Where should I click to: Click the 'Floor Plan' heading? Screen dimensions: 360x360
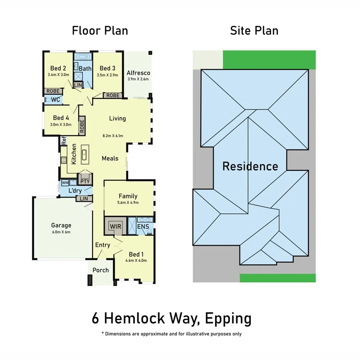pos(100,30)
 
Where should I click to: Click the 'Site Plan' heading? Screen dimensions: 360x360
pos(254,30)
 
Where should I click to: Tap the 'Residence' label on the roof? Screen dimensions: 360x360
pos(250,166)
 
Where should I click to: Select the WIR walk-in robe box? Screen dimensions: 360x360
pos(116,226)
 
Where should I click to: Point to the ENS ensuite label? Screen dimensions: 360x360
pos(143,227)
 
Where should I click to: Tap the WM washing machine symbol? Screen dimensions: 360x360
pos(64,183)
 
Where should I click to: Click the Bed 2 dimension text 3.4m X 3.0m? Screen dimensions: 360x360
pos(58,75)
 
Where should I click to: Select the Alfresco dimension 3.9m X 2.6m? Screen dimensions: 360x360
pos(138,79)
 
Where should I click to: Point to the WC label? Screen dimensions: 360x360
pos(56,99)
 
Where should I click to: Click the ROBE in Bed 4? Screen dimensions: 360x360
pos(82,126)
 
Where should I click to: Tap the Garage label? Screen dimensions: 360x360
pos(61,225)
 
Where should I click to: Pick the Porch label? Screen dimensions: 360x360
pos(100,270)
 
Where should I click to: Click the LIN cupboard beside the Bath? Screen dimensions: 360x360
pos(78,85)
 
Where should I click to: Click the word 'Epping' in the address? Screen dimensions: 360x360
pos(228,319)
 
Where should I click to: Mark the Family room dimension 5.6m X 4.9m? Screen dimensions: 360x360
pos(128,202)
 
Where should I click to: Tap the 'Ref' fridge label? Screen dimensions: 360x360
pos(63,141)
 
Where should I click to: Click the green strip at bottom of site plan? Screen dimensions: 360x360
pos(277,278)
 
